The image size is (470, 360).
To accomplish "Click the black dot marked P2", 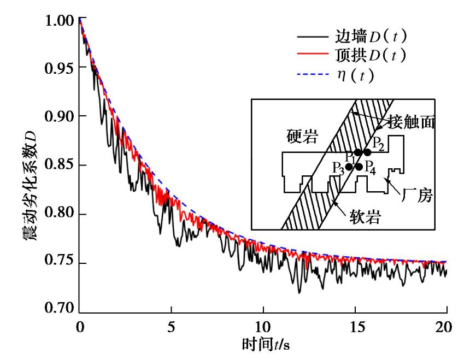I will tap(367, 152).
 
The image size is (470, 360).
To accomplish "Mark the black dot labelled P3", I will tap(349, 167).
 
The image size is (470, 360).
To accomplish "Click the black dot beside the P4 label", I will tap(359, 167).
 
